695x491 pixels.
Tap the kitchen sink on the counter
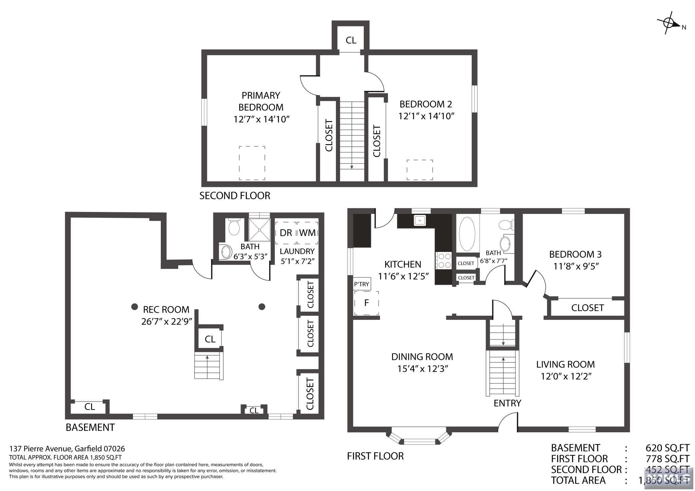point(420,221)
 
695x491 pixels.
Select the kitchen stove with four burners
point(443,260)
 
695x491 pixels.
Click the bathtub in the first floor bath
point(467,234)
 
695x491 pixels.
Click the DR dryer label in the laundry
point(286,233)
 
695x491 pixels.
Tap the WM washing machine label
point(307,233)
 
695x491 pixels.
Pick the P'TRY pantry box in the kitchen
point(362,284)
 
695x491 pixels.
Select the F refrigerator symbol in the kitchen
point(367,303)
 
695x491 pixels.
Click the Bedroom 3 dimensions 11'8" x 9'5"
point(576,266)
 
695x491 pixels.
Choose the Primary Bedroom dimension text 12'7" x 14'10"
point(261,119)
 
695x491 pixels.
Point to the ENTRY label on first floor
point(507,403)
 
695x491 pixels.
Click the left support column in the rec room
point(135,307)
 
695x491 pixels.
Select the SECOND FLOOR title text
point(235,196)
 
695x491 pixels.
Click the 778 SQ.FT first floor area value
point(668,459)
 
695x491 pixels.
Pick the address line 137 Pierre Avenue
point(67,449)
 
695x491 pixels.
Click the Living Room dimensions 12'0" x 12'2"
point(566,376)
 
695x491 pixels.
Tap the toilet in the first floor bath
point(506,224)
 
